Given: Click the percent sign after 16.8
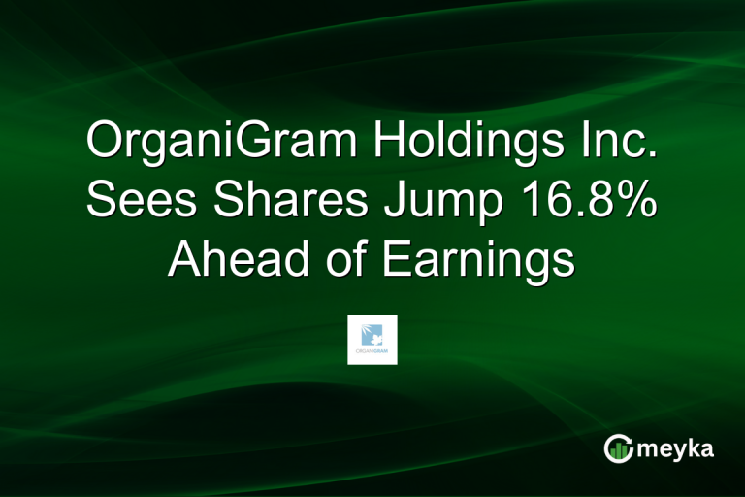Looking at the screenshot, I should click(x=633, y=202).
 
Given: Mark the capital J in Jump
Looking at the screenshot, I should click(x=378, y=202).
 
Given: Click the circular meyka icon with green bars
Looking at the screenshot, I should click(x=619, y=448).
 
